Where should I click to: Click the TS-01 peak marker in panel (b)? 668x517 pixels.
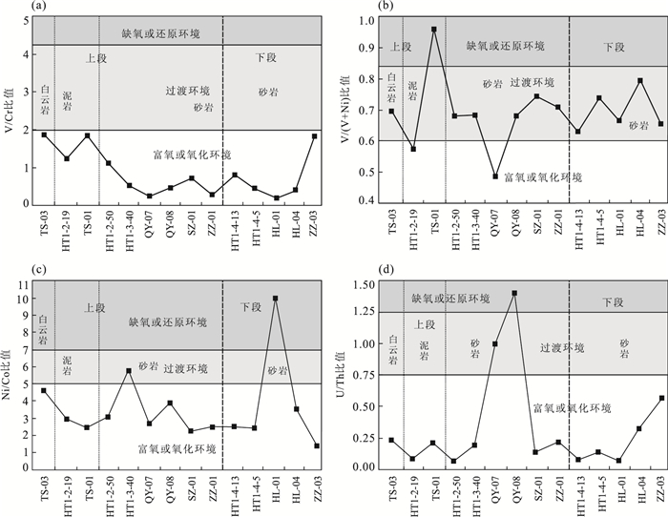434,30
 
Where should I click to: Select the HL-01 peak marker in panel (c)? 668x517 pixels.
275,299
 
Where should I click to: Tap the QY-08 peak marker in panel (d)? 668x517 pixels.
514,293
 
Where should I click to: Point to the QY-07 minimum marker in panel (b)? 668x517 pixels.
495,176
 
